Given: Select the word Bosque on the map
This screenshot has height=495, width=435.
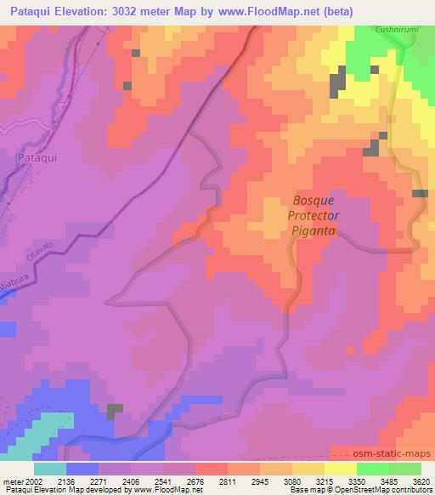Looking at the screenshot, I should point(314,200).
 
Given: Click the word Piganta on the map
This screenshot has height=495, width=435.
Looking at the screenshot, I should point(314,230).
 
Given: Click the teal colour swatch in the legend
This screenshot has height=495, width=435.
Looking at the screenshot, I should point(50,469).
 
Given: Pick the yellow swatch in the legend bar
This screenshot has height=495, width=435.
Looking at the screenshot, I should point(341,469).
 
